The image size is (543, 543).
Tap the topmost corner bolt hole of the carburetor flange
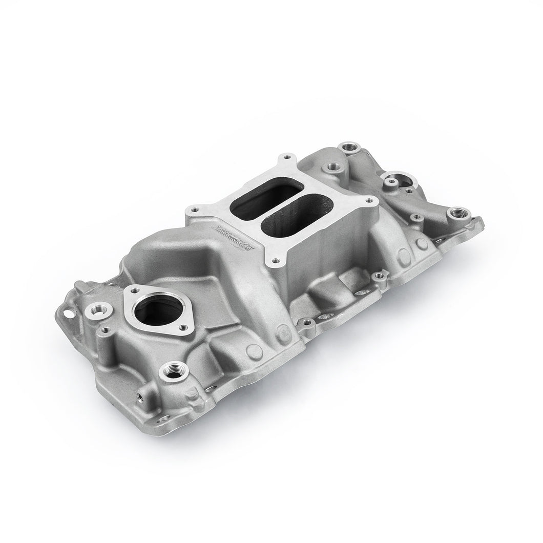[285, 157]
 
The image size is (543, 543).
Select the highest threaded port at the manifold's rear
[353, 148]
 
